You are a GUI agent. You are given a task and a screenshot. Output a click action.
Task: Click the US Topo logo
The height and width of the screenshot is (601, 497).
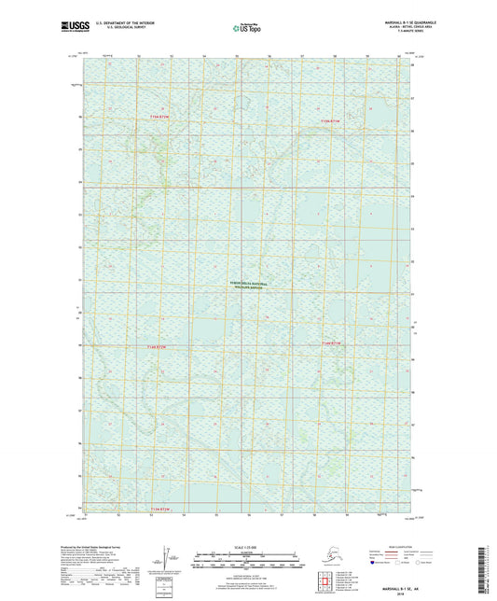pyautogui.click(x=247, y=27)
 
